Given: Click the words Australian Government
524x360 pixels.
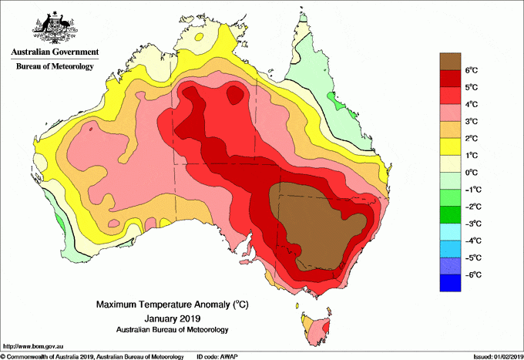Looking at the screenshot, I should [x=54, y=52].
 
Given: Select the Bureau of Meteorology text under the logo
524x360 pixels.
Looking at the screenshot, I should [x=54, y=66].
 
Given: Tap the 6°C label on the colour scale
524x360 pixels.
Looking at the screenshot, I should [x=472, y=70].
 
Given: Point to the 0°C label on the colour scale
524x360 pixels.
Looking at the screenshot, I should [x=472, y=172].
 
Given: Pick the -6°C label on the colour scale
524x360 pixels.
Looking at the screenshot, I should [x=472, y=274].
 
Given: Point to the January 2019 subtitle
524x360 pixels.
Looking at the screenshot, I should [x=172, y=318].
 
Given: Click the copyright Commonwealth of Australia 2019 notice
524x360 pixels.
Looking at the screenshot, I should [x=92, y=356].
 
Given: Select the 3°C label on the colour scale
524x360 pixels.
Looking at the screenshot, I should [x=472, y=121].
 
